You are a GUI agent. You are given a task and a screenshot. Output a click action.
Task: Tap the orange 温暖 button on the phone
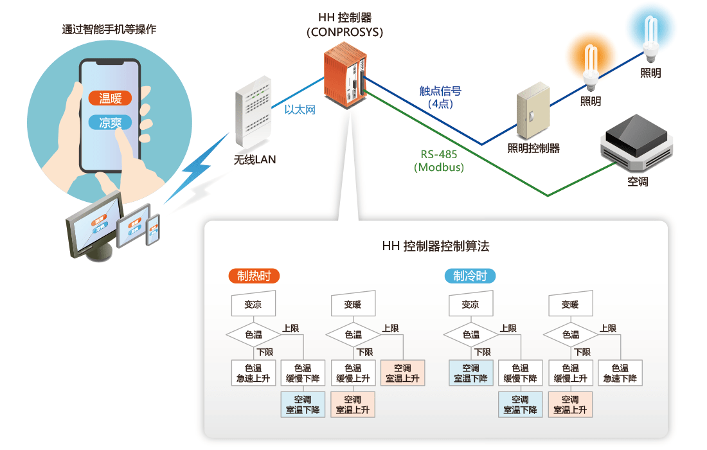click(110, 98)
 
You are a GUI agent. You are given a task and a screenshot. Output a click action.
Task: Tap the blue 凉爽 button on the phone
click(110, 123)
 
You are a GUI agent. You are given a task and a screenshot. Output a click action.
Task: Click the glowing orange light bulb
click(589, 64)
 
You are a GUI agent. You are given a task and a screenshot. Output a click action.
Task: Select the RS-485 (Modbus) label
click(439, 161)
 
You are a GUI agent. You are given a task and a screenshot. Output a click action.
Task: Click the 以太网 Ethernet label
click(300, 110)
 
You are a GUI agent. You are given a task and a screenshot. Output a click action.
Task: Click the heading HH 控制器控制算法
click(435, 246)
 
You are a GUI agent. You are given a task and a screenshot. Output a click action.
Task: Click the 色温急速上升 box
click(253, 373)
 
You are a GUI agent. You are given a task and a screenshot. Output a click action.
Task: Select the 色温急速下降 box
click(620, 373)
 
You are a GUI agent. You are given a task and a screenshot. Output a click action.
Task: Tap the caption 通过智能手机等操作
click(109, 30)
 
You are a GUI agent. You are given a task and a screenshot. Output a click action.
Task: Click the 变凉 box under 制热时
click(253, 304)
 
